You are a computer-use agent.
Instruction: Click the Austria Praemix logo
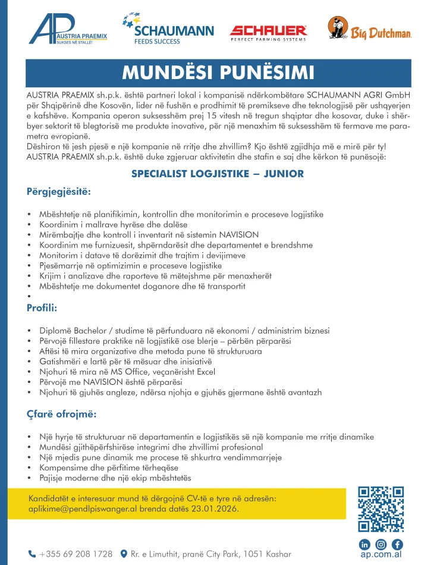tap(68, 30)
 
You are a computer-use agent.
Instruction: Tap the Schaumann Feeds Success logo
tap(160, 29)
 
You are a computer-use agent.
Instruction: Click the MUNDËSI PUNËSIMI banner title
tap(218, 72)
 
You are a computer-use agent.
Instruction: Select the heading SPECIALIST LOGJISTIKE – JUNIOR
tap(218, 174)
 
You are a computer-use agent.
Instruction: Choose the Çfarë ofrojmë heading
tap(61, 413)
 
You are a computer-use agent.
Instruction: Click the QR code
tap(381, 508)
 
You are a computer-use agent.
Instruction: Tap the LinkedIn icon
tap(364, 544)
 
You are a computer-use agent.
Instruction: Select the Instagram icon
tap(381, 544)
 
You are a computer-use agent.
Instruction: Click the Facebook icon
tap(397, 544)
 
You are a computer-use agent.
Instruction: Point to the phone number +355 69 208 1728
tap(76, 554)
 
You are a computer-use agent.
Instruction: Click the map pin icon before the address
tap(124, 554)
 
